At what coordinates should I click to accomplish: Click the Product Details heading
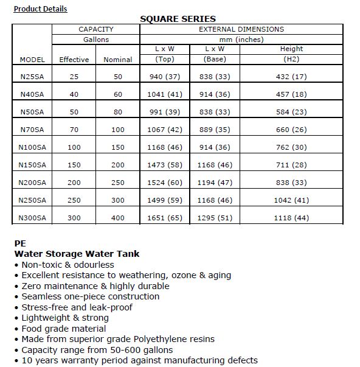click(40, 9)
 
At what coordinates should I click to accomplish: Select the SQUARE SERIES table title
click(178, 19)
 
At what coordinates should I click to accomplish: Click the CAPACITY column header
click(95, 29)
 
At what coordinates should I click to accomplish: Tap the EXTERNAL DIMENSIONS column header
click(241, 29)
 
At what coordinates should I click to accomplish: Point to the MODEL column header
click(32, 60)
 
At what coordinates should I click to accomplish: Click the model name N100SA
click(32, 147)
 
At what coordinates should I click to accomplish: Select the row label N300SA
click(32, 218)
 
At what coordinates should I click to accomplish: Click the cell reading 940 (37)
click(165, 77)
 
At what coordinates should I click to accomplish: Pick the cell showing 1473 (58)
click(165, 165)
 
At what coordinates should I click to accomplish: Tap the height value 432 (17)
click(291, 77)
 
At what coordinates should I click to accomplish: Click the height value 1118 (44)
click(291, 218)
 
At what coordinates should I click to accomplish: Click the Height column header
click(291, 49)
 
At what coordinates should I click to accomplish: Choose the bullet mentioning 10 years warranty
click(139, 360)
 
